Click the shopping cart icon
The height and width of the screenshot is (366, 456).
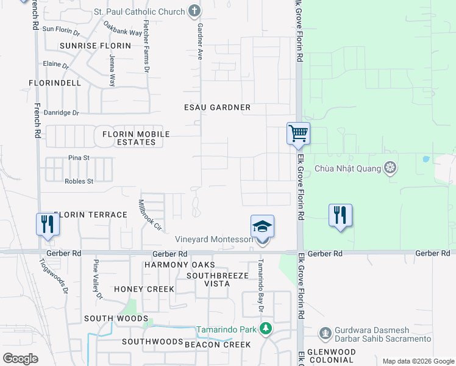point(298,133)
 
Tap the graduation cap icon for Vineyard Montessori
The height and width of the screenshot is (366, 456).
point(262,226)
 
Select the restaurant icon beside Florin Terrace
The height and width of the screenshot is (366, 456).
point(47,224)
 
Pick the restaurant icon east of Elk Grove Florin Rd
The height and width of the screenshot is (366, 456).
point(340,215)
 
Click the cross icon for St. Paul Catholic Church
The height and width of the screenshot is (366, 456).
point(194,10)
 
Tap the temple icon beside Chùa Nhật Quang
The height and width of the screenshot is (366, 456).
point(390,168)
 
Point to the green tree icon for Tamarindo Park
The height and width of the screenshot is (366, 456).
point(265,330)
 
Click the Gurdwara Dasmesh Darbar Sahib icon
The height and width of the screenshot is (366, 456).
point(325,334)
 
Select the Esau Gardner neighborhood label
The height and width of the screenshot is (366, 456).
point(218,107)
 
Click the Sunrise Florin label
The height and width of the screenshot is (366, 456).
point(95,46)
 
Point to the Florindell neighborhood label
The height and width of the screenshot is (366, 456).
point(55,82)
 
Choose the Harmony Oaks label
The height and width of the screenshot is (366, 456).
point(180,265)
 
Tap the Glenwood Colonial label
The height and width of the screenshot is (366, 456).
point(332,356)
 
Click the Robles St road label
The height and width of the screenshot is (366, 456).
point(79,181)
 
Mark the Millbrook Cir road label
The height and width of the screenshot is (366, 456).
point(149,215)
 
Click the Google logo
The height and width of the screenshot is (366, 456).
point(20,359)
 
